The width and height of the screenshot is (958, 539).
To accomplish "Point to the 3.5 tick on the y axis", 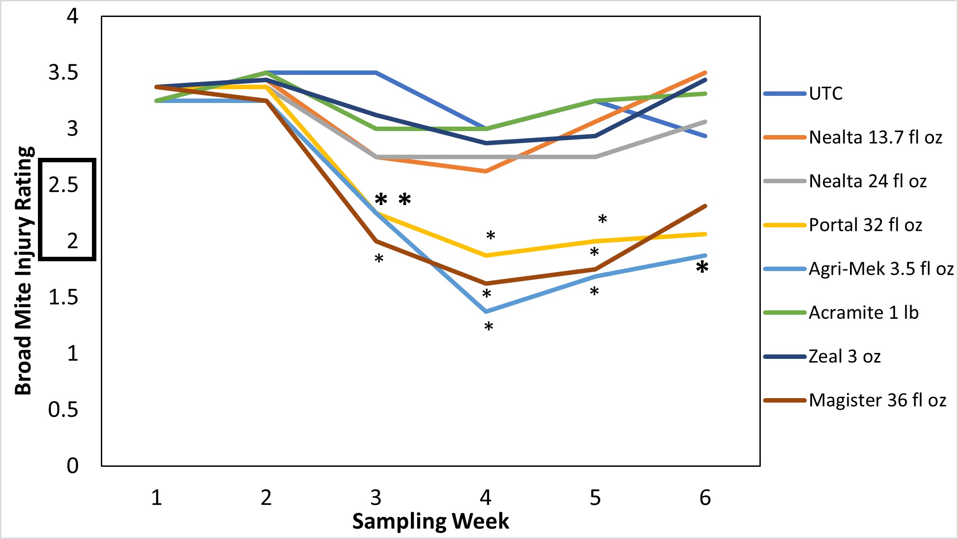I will tap(63, 73).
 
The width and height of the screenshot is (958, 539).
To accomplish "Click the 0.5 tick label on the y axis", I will tap(63, 409).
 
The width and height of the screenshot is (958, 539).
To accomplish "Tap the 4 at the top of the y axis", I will tap(72, 16).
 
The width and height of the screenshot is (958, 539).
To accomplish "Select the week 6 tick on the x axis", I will tap(705, 498).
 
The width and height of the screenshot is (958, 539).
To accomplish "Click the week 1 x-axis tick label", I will tap(157, 498).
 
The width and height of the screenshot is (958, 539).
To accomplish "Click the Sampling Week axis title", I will tap(430, 521).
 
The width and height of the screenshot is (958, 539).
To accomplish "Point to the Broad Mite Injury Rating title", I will tap(24, 271).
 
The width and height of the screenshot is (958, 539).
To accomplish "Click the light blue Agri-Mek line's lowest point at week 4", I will tap(486, 311).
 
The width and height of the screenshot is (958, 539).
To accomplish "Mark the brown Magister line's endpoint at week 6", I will tap(705, 206).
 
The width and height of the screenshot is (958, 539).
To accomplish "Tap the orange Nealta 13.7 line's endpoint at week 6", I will tap(705, 73).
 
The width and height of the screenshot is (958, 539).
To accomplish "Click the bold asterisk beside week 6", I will tap(702, 268).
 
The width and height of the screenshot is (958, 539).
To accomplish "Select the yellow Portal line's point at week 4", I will tap(486, 255).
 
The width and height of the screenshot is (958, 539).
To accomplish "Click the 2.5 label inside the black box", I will tap(63, 185).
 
